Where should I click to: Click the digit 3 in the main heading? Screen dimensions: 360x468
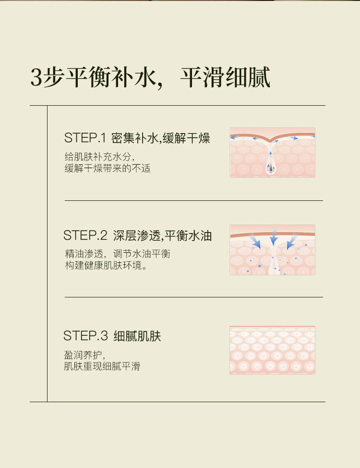[x=36, y=77]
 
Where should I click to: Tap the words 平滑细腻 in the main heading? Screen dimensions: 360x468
[x=225, y=77]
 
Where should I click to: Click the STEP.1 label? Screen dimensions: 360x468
[x=85, y=138]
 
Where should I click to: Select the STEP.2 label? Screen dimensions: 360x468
[x=85, y=235]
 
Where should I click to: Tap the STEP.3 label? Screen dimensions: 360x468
[x=85, y=336]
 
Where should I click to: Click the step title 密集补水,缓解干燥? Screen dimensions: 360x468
[x=160, y=138]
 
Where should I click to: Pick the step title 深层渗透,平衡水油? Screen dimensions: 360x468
[x=162, y=235]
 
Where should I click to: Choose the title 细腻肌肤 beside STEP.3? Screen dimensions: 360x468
[x=137, y=336]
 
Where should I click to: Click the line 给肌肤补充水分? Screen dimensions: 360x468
[x=99, y=157]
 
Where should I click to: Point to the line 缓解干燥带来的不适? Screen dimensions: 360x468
[x=108, y=168]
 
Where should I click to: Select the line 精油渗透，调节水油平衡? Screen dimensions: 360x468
[x=118, y=254]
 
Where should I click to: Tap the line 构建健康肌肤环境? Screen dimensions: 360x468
[x=106, y=265]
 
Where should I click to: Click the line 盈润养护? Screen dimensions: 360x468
[x=84, y=355]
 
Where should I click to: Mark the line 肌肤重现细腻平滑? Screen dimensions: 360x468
[x=102, y=366]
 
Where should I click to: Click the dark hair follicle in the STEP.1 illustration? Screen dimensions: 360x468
[x=271, y=169]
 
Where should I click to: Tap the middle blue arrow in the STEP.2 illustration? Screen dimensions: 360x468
[x=274, y=237]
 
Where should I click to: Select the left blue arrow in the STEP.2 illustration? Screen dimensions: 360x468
[x=255, y=242]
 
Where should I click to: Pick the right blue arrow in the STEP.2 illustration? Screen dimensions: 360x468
[x=292, y=242]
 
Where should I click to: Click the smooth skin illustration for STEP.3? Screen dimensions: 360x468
[x=272, y=350]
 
